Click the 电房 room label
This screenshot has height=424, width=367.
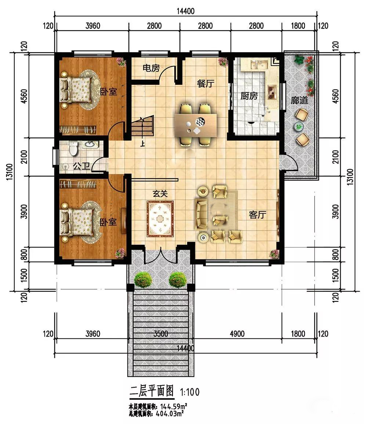click(151, 68)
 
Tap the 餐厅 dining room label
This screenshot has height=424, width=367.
click(206, 83)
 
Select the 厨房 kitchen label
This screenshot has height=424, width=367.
click(249, 95)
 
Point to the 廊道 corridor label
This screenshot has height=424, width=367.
click(299, 100)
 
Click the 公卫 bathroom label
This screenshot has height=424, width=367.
click(81, 166)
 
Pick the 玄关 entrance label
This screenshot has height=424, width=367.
click(160, 193)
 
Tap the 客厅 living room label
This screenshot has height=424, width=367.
click(258, 215)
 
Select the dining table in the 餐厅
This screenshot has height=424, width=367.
click(196, 125)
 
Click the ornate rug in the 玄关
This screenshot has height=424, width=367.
click(160, 219)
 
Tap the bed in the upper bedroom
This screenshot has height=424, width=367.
click(76, 90)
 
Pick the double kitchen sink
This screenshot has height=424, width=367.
click(259, 65)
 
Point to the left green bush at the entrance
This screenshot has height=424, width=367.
click(143, 280)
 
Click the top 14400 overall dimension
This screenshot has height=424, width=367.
click(186, 11)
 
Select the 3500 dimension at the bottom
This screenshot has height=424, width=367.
click(160, 334)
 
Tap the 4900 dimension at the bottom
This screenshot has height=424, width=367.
click(237, 334)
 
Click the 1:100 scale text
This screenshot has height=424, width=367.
click(190, 392)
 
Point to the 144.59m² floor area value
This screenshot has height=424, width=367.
click(174, 406)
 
